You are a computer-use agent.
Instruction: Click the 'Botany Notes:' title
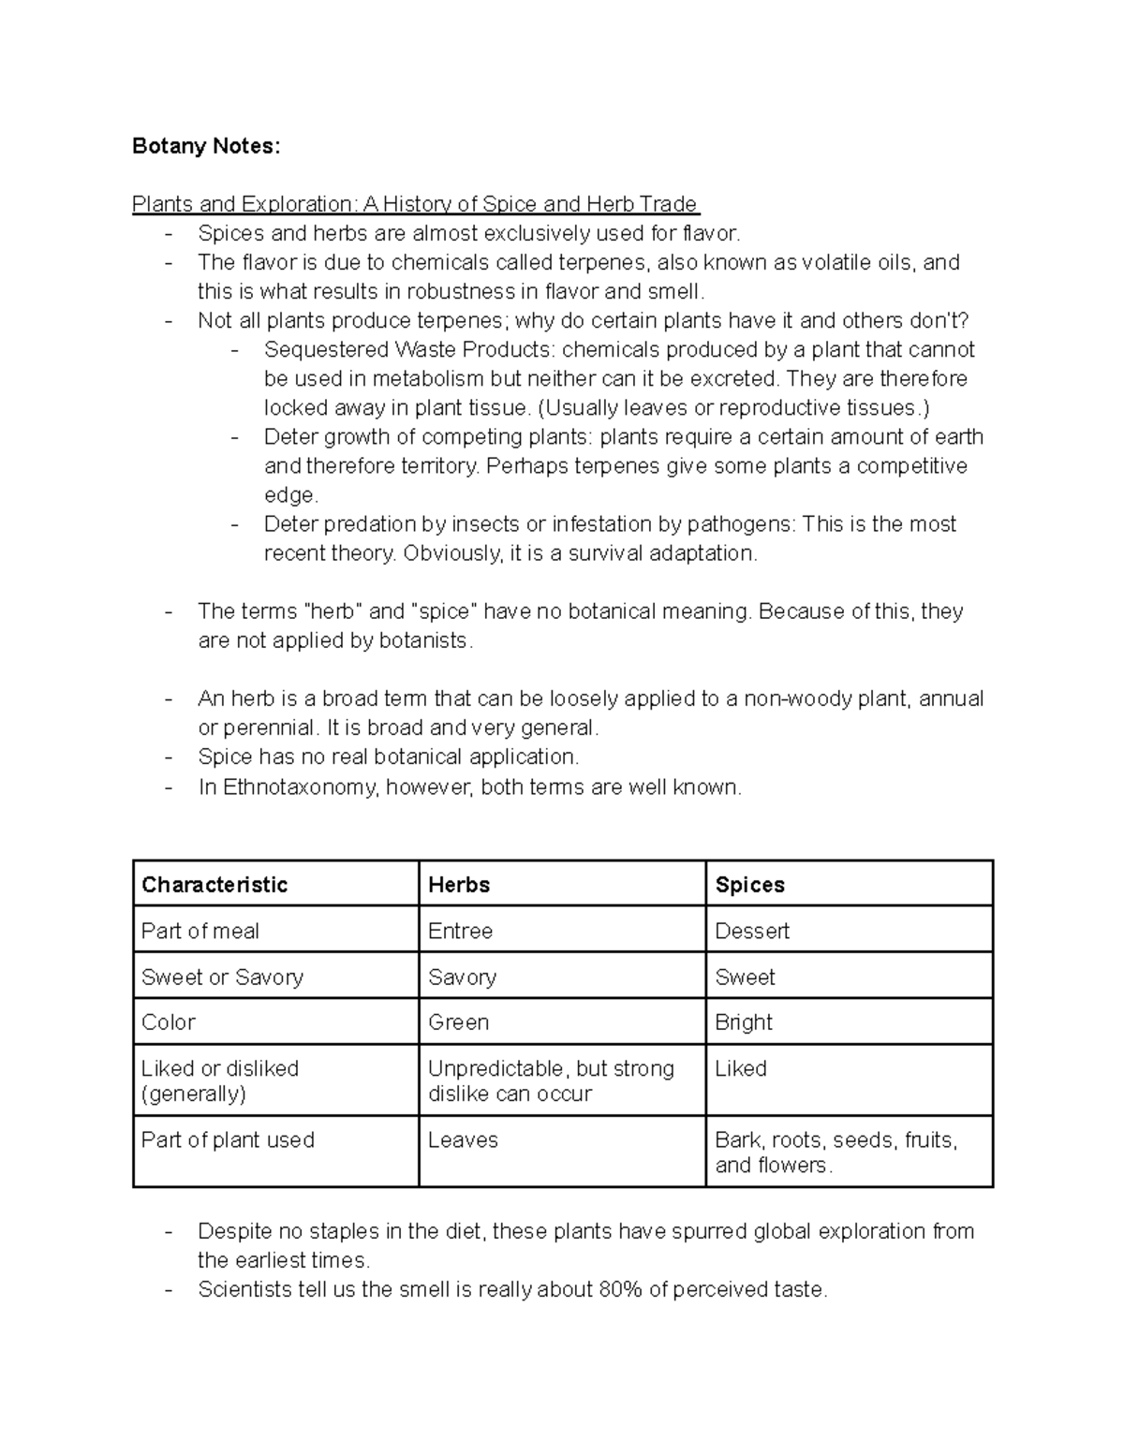coord(206,146)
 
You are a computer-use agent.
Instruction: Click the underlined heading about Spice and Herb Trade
coord(415,204)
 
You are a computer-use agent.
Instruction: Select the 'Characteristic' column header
coord(214,885)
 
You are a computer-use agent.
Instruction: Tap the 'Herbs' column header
coord(459,885)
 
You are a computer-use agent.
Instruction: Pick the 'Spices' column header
coord(749,885)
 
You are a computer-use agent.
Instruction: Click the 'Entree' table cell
coord(460,931)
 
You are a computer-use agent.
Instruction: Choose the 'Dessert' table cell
coord(752,931)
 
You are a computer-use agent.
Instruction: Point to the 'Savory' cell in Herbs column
coord(462,977)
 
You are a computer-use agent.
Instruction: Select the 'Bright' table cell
coord(744,1022)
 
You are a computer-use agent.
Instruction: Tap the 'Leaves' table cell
coord(463,1140)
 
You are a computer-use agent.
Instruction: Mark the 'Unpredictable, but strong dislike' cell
coord(551,1080)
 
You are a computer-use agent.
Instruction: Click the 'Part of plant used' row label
coord(228,1140)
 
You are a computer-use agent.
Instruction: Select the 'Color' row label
coord(169,1022)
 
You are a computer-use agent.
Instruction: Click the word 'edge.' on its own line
coord(291,495)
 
